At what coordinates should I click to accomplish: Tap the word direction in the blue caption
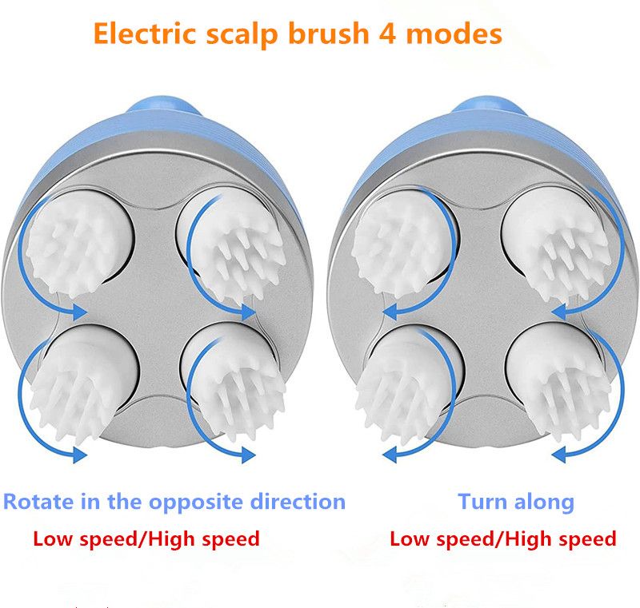point(296,502)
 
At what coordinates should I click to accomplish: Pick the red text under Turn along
point(502,538)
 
